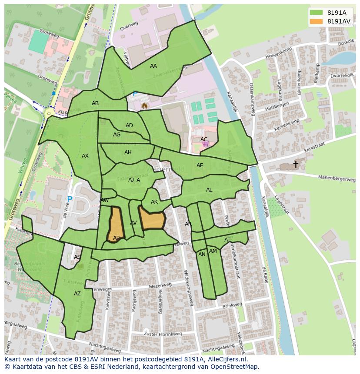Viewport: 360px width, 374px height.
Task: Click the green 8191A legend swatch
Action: (316, 12)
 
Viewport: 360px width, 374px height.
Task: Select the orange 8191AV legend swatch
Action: (316, 21)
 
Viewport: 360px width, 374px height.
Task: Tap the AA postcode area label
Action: (153, 66)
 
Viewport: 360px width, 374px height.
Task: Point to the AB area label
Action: (95, 103)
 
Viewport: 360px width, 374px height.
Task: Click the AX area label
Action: (85, 156)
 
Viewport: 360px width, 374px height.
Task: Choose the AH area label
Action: (128, 152)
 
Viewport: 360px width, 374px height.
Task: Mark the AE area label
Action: (200, 165)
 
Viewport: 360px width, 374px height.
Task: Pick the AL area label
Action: (209, 190)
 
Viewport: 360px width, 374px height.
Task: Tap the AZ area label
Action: (77, 294)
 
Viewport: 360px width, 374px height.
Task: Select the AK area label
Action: (154, 202)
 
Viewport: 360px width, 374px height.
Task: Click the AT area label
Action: (227, 240)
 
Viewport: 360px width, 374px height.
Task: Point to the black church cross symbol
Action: (296, 164)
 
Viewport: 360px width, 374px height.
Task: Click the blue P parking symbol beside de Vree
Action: (70, 200)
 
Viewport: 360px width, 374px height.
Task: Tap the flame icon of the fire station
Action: (145, 105)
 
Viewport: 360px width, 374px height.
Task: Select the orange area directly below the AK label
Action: (152, 218)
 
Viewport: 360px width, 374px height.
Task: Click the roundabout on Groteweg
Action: (49, 113)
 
